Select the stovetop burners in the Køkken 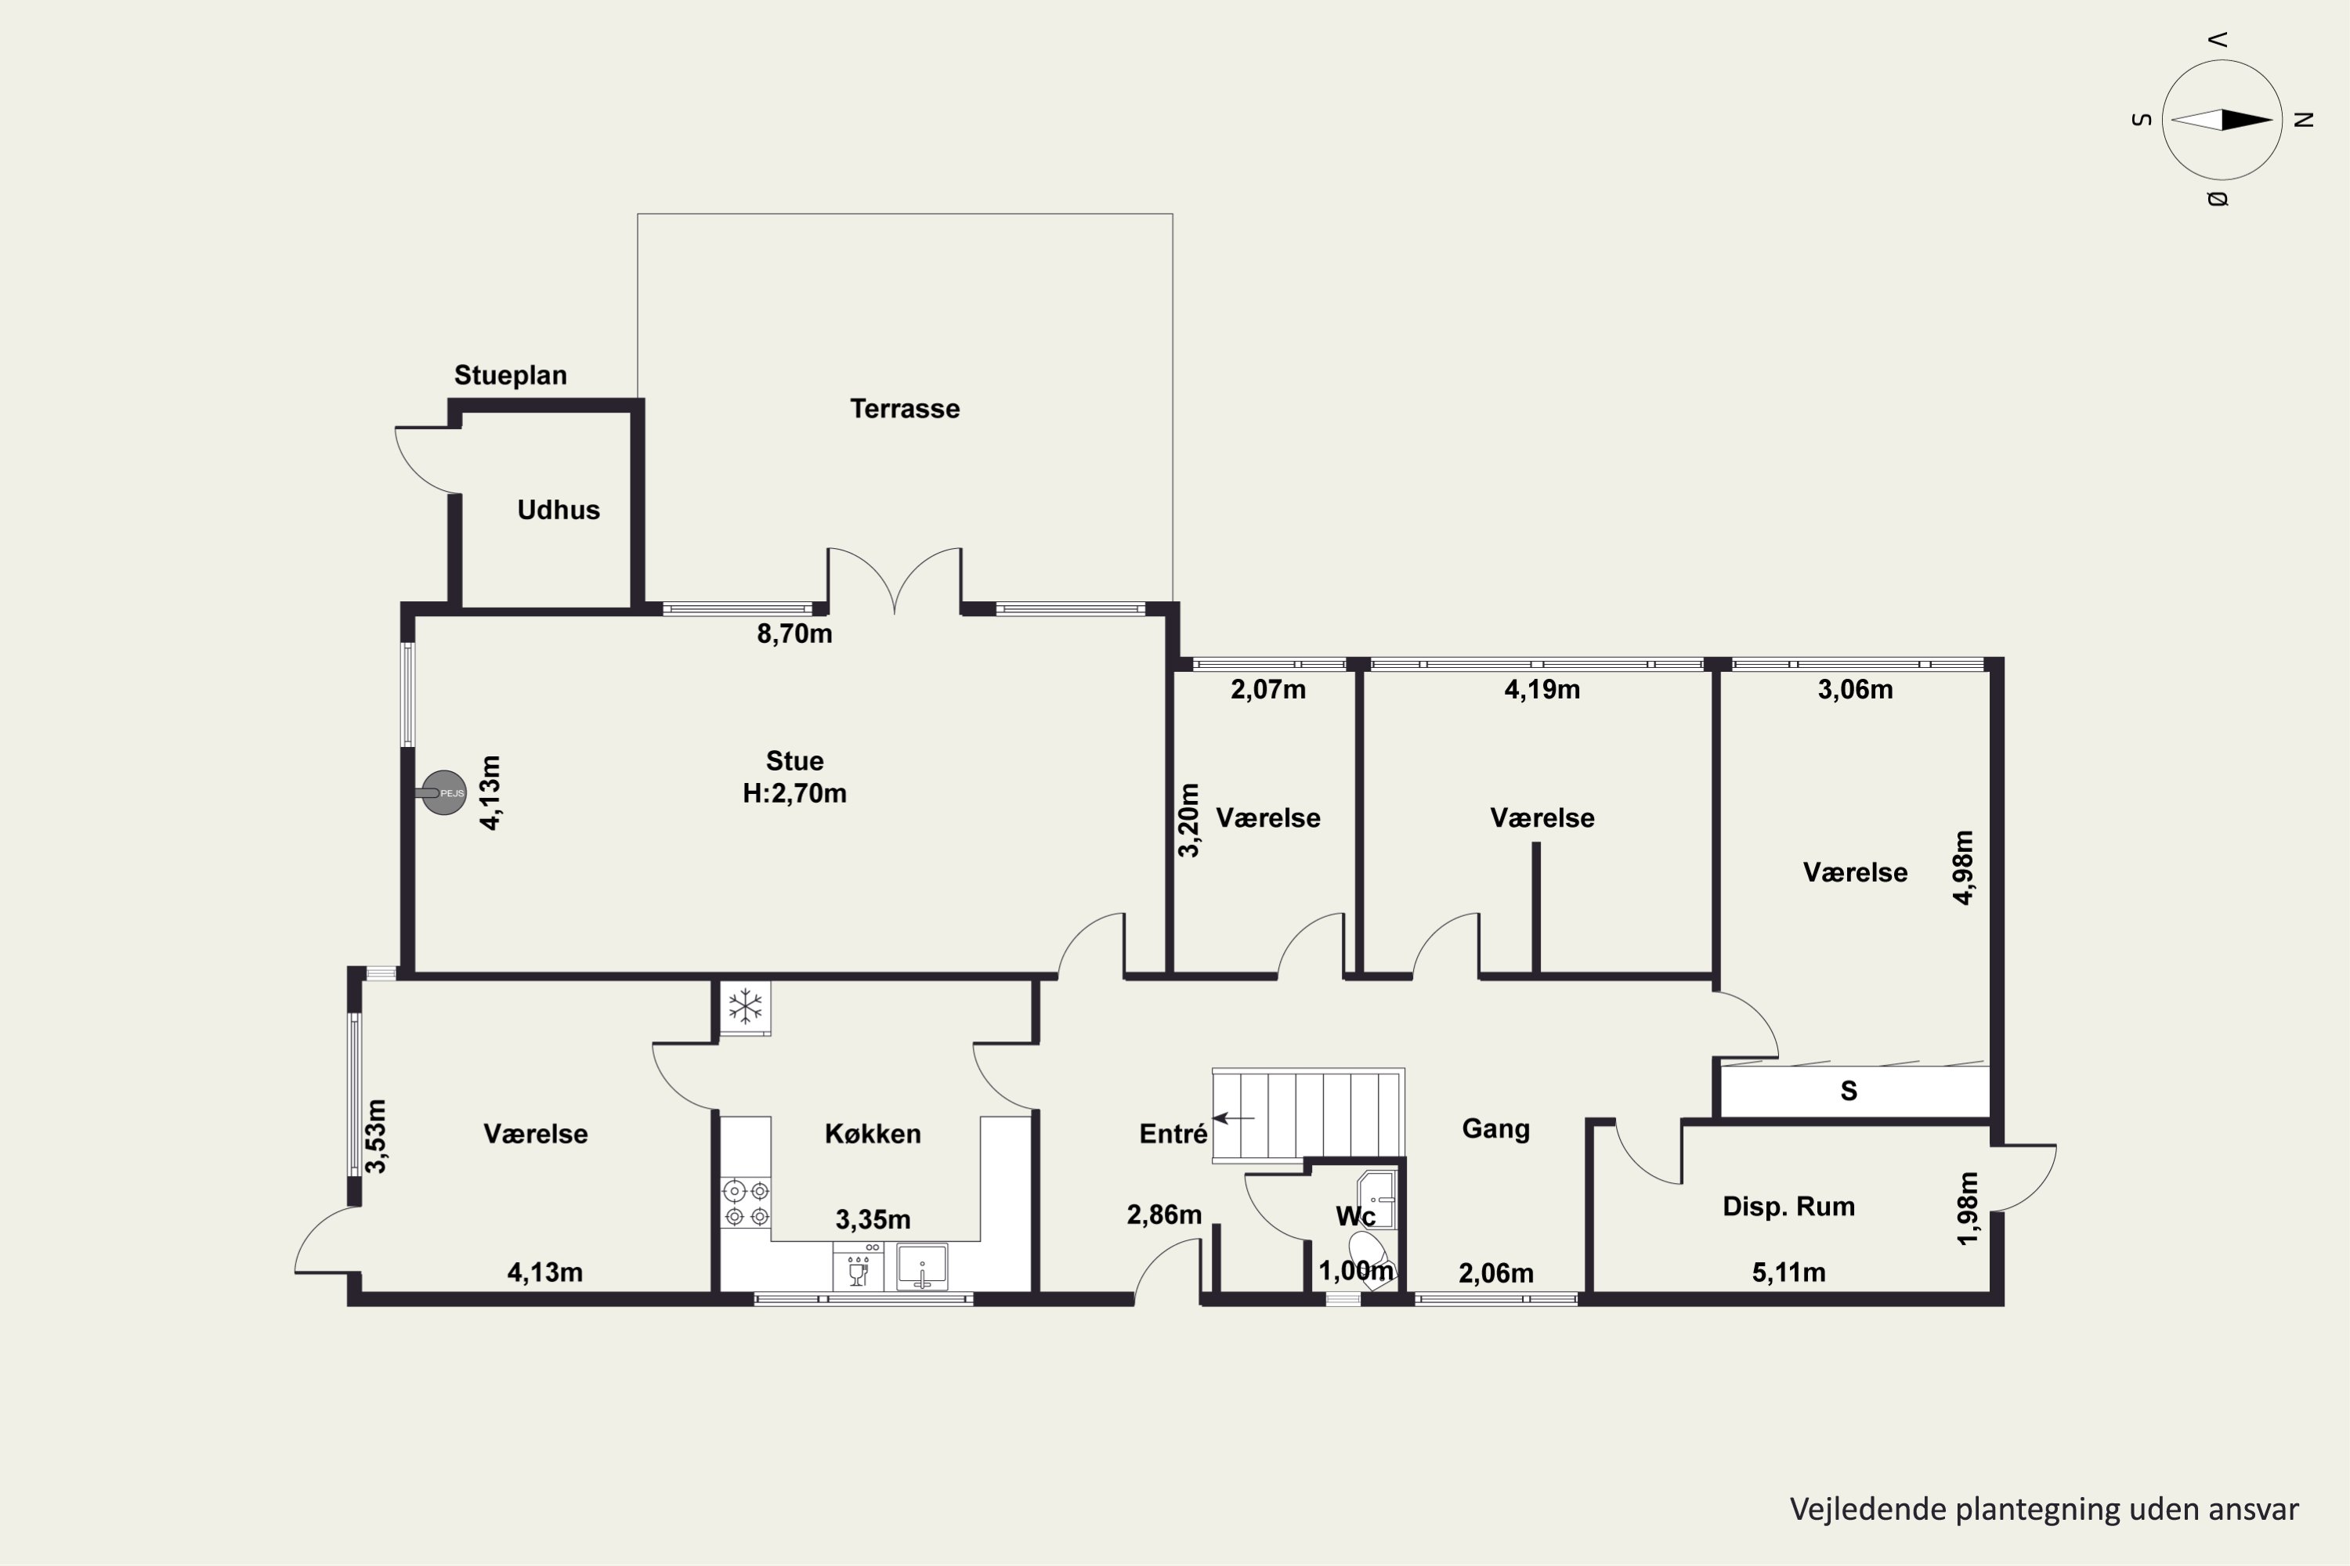747,1203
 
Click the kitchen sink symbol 922,1266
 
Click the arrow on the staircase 1233,1119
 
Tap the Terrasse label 906,409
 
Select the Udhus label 559,511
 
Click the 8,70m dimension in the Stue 794,634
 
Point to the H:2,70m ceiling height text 794,794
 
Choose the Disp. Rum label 1788,1207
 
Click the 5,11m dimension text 1788,1273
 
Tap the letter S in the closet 1849,1092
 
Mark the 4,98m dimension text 1963,867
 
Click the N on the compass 2304,120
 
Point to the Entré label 1173,1134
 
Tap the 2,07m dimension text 1268,690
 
